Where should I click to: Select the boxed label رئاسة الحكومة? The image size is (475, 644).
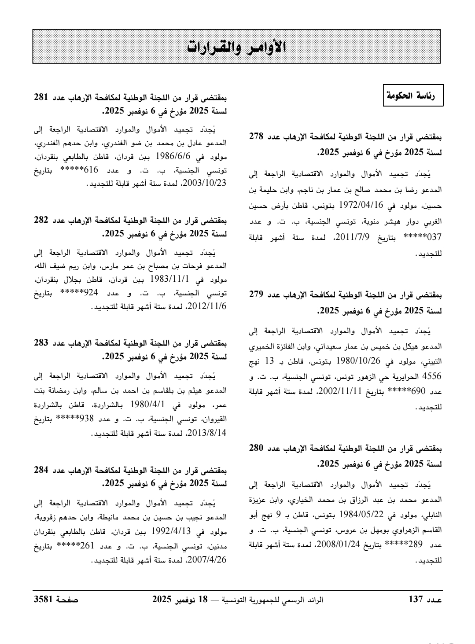[x=414, y=95]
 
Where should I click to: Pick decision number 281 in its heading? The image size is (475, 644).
[x=42, y=96]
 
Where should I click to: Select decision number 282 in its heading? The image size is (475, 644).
[x=42, y=220]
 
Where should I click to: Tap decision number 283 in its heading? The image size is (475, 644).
[x=42, y=343]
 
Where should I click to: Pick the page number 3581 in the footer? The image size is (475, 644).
[x=44, y=600]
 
